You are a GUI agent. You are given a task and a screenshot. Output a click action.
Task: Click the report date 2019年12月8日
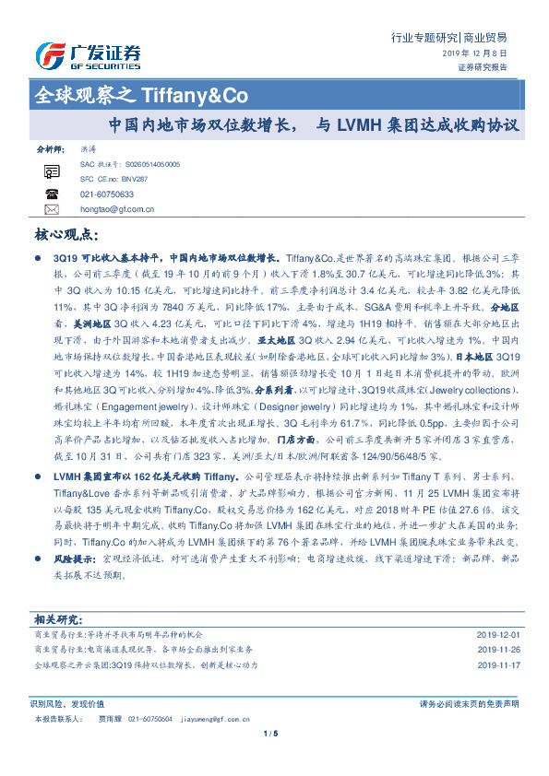pos(474,53)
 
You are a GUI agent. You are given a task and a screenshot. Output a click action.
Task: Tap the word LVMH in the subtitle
pos(359,123)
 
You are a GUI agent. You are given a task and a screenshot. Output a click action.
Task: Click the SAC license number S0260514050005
pos(153,163)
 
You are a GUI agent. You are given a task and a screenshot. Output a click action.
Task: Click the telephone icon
pos(52,194)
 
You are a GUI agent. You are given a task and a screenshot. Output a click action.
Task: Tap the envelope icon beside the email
pos(52,209)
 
